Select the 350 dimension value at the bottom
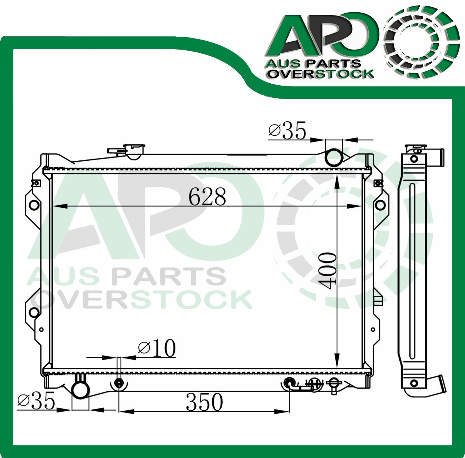pyautogui.click(x=204, y=402)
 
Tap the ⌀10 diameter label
pyautogui.click(x=157, y=348)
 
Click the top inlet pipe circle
pyautogui.click(x=334, y=157)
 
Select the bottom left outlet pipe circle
pyautogui.click(x=80, y=390)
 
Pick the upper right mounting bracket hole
pyautogui.click(x=380, y=205)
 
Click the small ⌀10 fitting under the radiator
pyautogui.click(x=119, y=384)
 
